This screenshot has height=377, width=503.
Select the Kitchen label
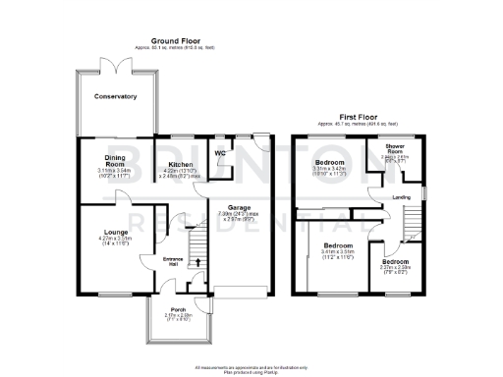click(x=180, y=164)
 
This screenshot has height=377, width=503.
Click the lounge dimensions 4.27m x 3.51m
click(x=102, y=239)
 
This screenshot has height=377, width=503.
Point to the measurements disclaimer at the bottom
click(x=251, y=368)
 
